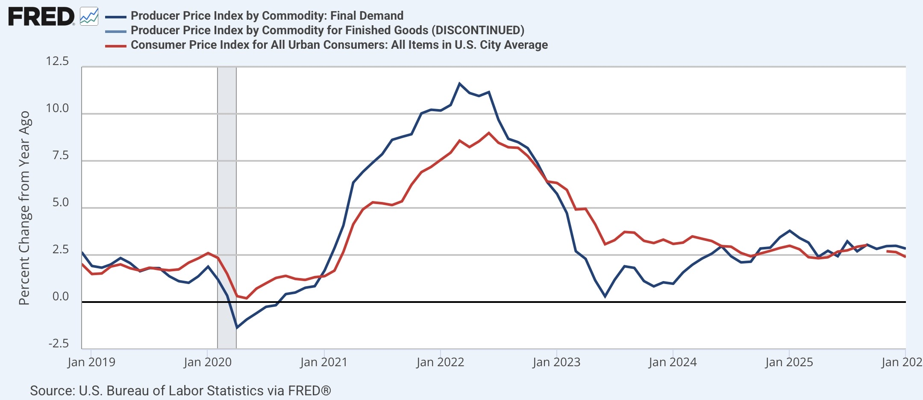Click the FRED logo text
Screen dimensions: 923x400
pos(41,17)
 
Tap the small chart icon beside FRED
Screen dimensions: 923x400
pos(89,17)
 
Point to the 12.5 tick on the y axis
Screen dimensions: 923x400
pos(57,61)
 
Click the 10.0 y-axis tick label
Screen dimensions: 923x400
pos(57,108)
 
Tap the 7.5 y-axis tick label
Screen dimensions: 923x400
pos(61,155)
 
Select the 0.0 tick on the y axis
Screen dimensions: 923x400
pos(61,296)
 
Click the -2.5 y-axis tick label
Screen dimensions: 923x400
pos(59,344)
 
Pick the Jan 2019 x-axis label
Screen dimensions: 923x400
pos(91,362)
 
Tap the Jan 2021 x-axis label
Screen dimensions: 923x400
pos(324,362)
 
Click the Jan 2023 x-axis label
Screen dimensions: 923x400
pos(556,362)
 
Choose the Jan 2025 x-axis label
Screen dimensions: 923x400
pos(789,362)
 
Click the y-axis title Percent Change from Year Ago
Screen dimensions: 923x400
pos(24,208)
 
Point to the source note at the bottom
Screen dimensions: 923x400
pos(180,391)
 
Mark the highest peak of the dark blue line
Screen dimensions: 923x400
pos(460,83)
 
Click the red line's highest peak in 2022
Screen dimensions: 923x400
pos(489,133)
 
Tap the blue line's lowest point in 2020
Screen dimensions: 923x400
pos(237,328)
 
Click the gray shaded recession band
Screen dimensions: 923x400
pos(227,208)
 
